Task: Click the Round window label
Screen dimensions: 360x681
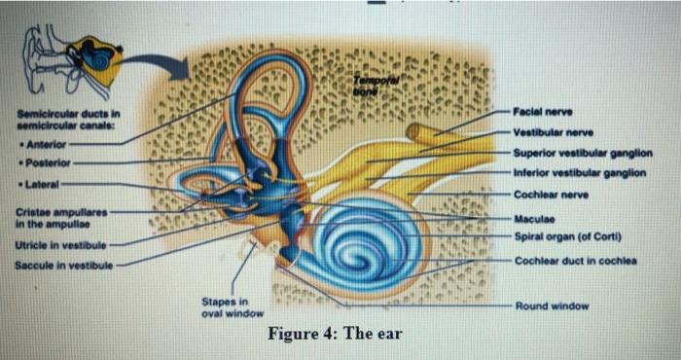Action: click(555, 305)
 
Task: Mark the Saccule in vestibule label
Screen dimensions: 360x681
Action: click(62, 264)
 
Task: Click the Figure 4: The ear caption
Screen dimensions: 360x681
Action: click(336, 335)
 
